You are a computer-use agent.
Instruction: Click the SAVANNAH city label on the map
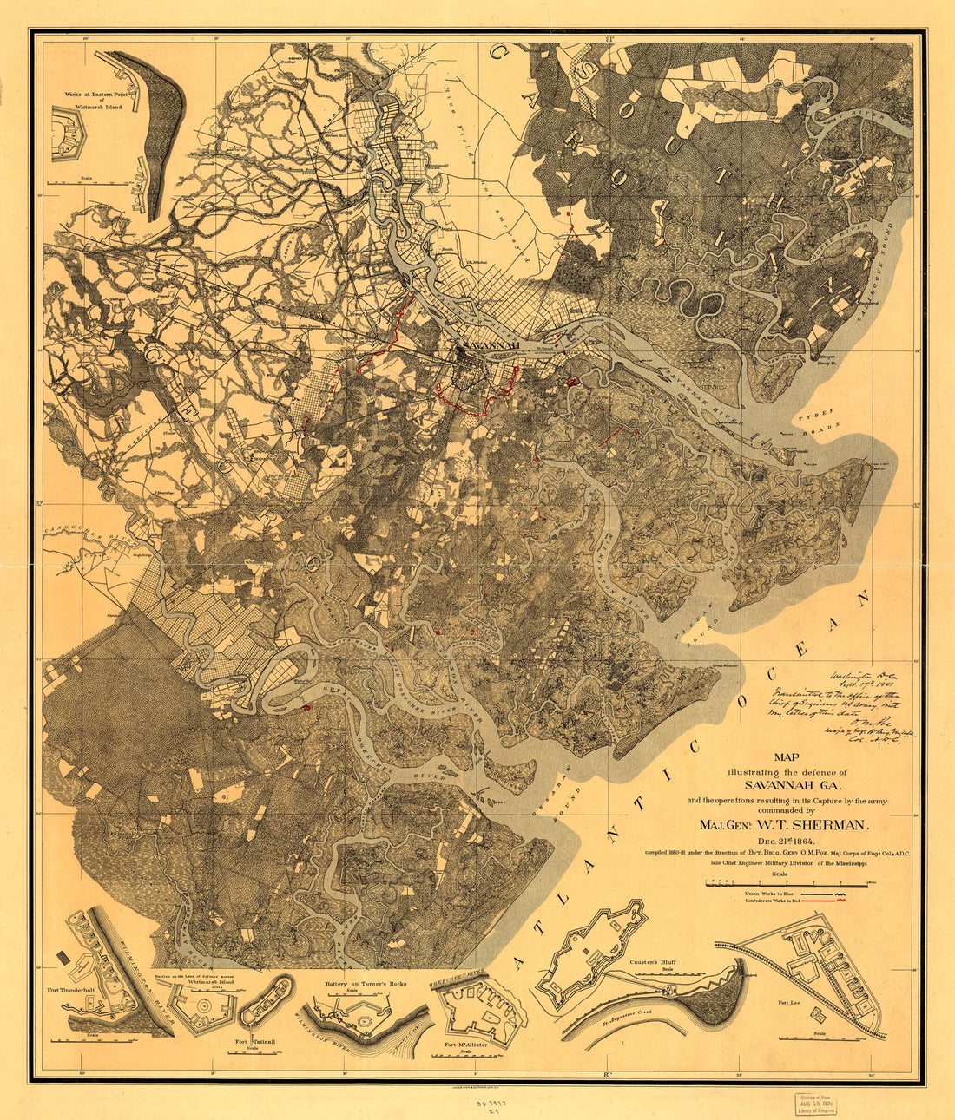(491, 345)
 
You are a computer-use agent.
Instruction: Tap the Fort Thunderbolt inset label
(83, 987)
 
